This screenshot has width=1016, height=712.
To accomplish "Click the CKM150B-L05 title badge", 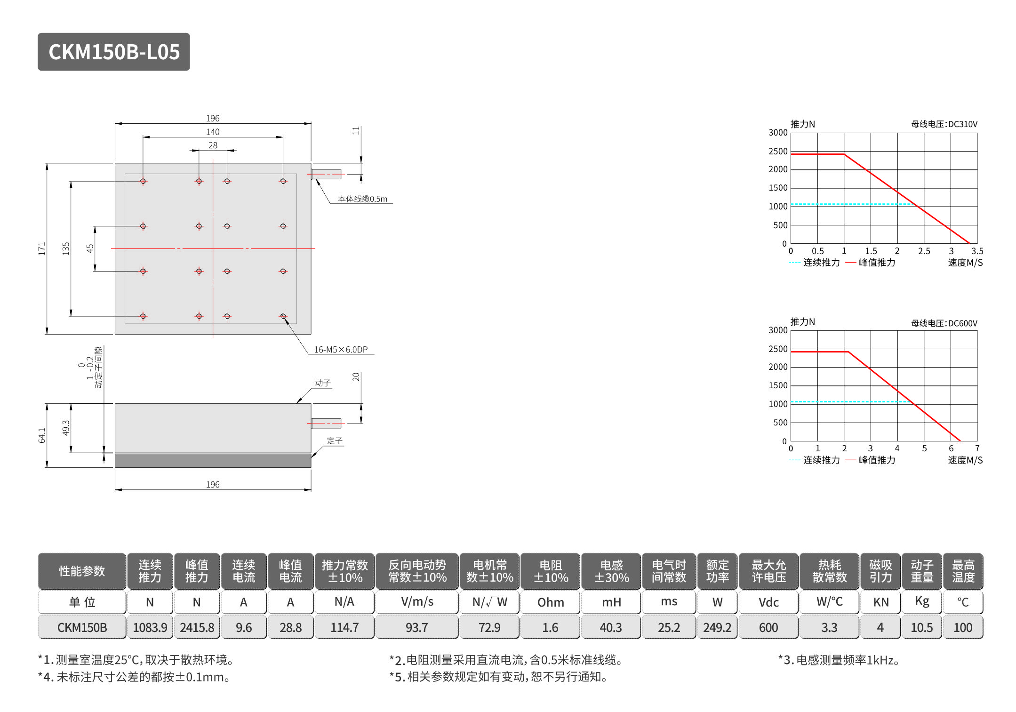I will pyautogui.click(x=114, y=52).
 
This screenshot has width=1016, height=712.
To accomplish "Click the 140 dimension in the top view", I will pyautogui.click(x=213, y=132).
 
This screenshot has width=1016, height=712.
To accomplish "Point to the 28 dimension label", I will pyautogui.click(x=213, y=145).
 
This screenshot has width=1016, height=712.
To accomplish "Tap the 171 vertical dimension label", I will pyautogui.click(x=42, y=248).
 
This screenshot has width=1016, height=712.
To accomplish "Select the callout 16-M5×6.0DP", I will pyautogui.click(x=341, y=350).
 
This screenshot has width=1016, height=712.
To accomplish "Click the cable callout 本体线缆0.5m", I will pyautogui.click(x=362, y=199).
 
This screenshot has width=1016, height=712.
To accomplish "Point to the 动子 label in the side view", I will pyautogui.click(x=323, y=383).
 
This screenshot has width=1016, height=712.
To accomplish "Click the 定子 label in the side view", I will pyautogui.click(x=335, y=441).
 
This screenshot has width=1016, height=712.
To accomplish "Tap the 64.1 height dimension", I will pyautogui.click(x=42, y=435).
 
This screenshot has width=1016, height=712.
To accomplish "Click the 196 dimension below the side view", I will pyautogui.click(x=213, y=484).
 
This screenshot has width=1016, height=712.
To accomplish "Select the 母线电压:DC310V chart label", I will pyautogui.click(x=944, y=124).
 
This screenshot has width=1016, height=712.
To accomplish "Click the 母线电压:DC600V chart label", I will pyautogui.click(x=944, y=323).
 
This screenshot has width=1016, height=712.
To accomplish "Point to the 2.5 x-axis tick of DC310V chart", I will pyautogui.click(x=924, y=251).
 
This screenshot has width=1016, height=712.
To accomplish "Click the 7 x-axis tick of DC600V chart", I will pyautogui.click(x=977, y=448).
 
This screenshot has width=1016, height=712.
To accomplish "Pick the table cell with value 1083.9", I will pyautogui.click(x=150, y=628).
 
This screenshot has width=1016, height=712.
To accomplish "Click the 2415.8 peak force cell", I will pyautogui.click(x=197, y=628).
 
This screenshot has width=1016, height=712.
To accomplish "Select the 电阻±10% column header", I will pyautogui.click(x=550, y=571).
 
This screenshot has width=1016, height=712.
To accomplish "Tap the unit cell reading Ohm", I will pyautogui.click(x=550, y=602).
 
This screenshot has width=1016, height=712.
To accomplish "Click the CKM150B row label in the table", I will pyautogui.click(x=82, y=628).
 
